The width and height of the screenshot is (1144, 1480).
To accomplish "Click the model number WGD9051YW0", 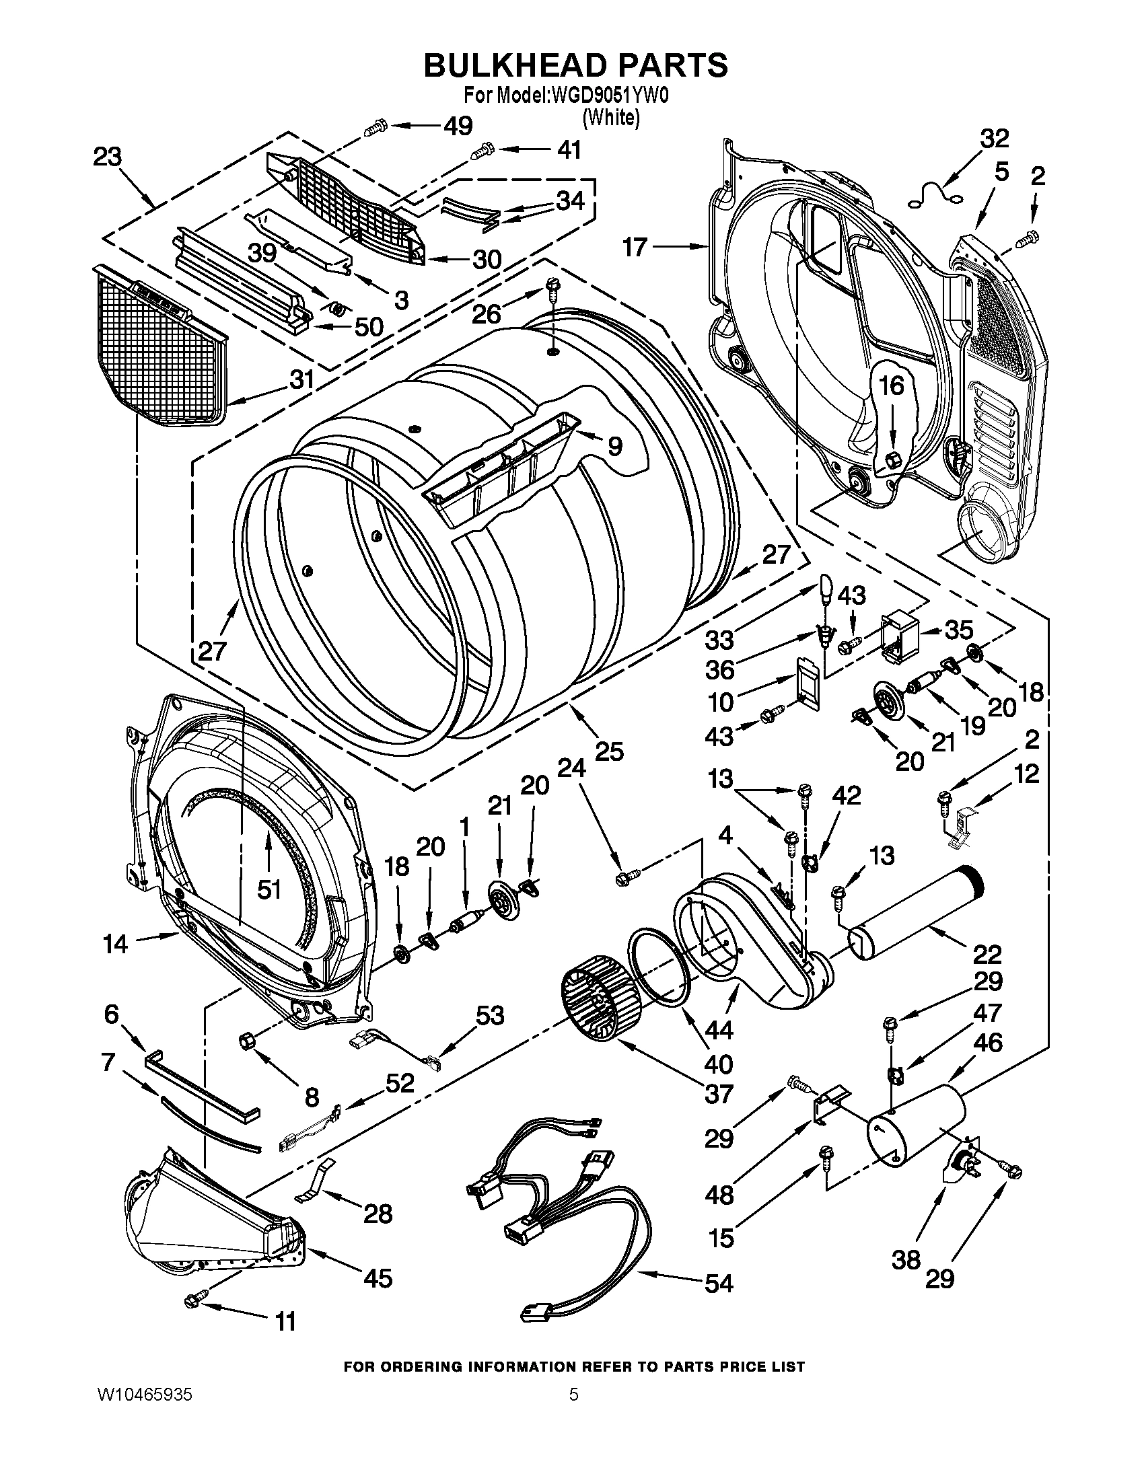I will click(x=610, y=96).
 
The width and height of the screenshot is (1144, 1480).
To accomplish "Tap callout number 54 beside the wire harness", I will click(x=719, y=1283).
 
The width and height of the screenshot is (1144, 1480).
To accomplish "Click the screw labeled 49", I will click(x=375, y=127).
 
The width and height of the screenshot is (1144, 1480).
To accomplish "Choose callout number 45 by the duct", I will click(x=377, y=1278).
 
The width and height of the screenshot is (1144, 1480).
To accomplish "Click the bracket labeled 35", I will click(x=898, y=637).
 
